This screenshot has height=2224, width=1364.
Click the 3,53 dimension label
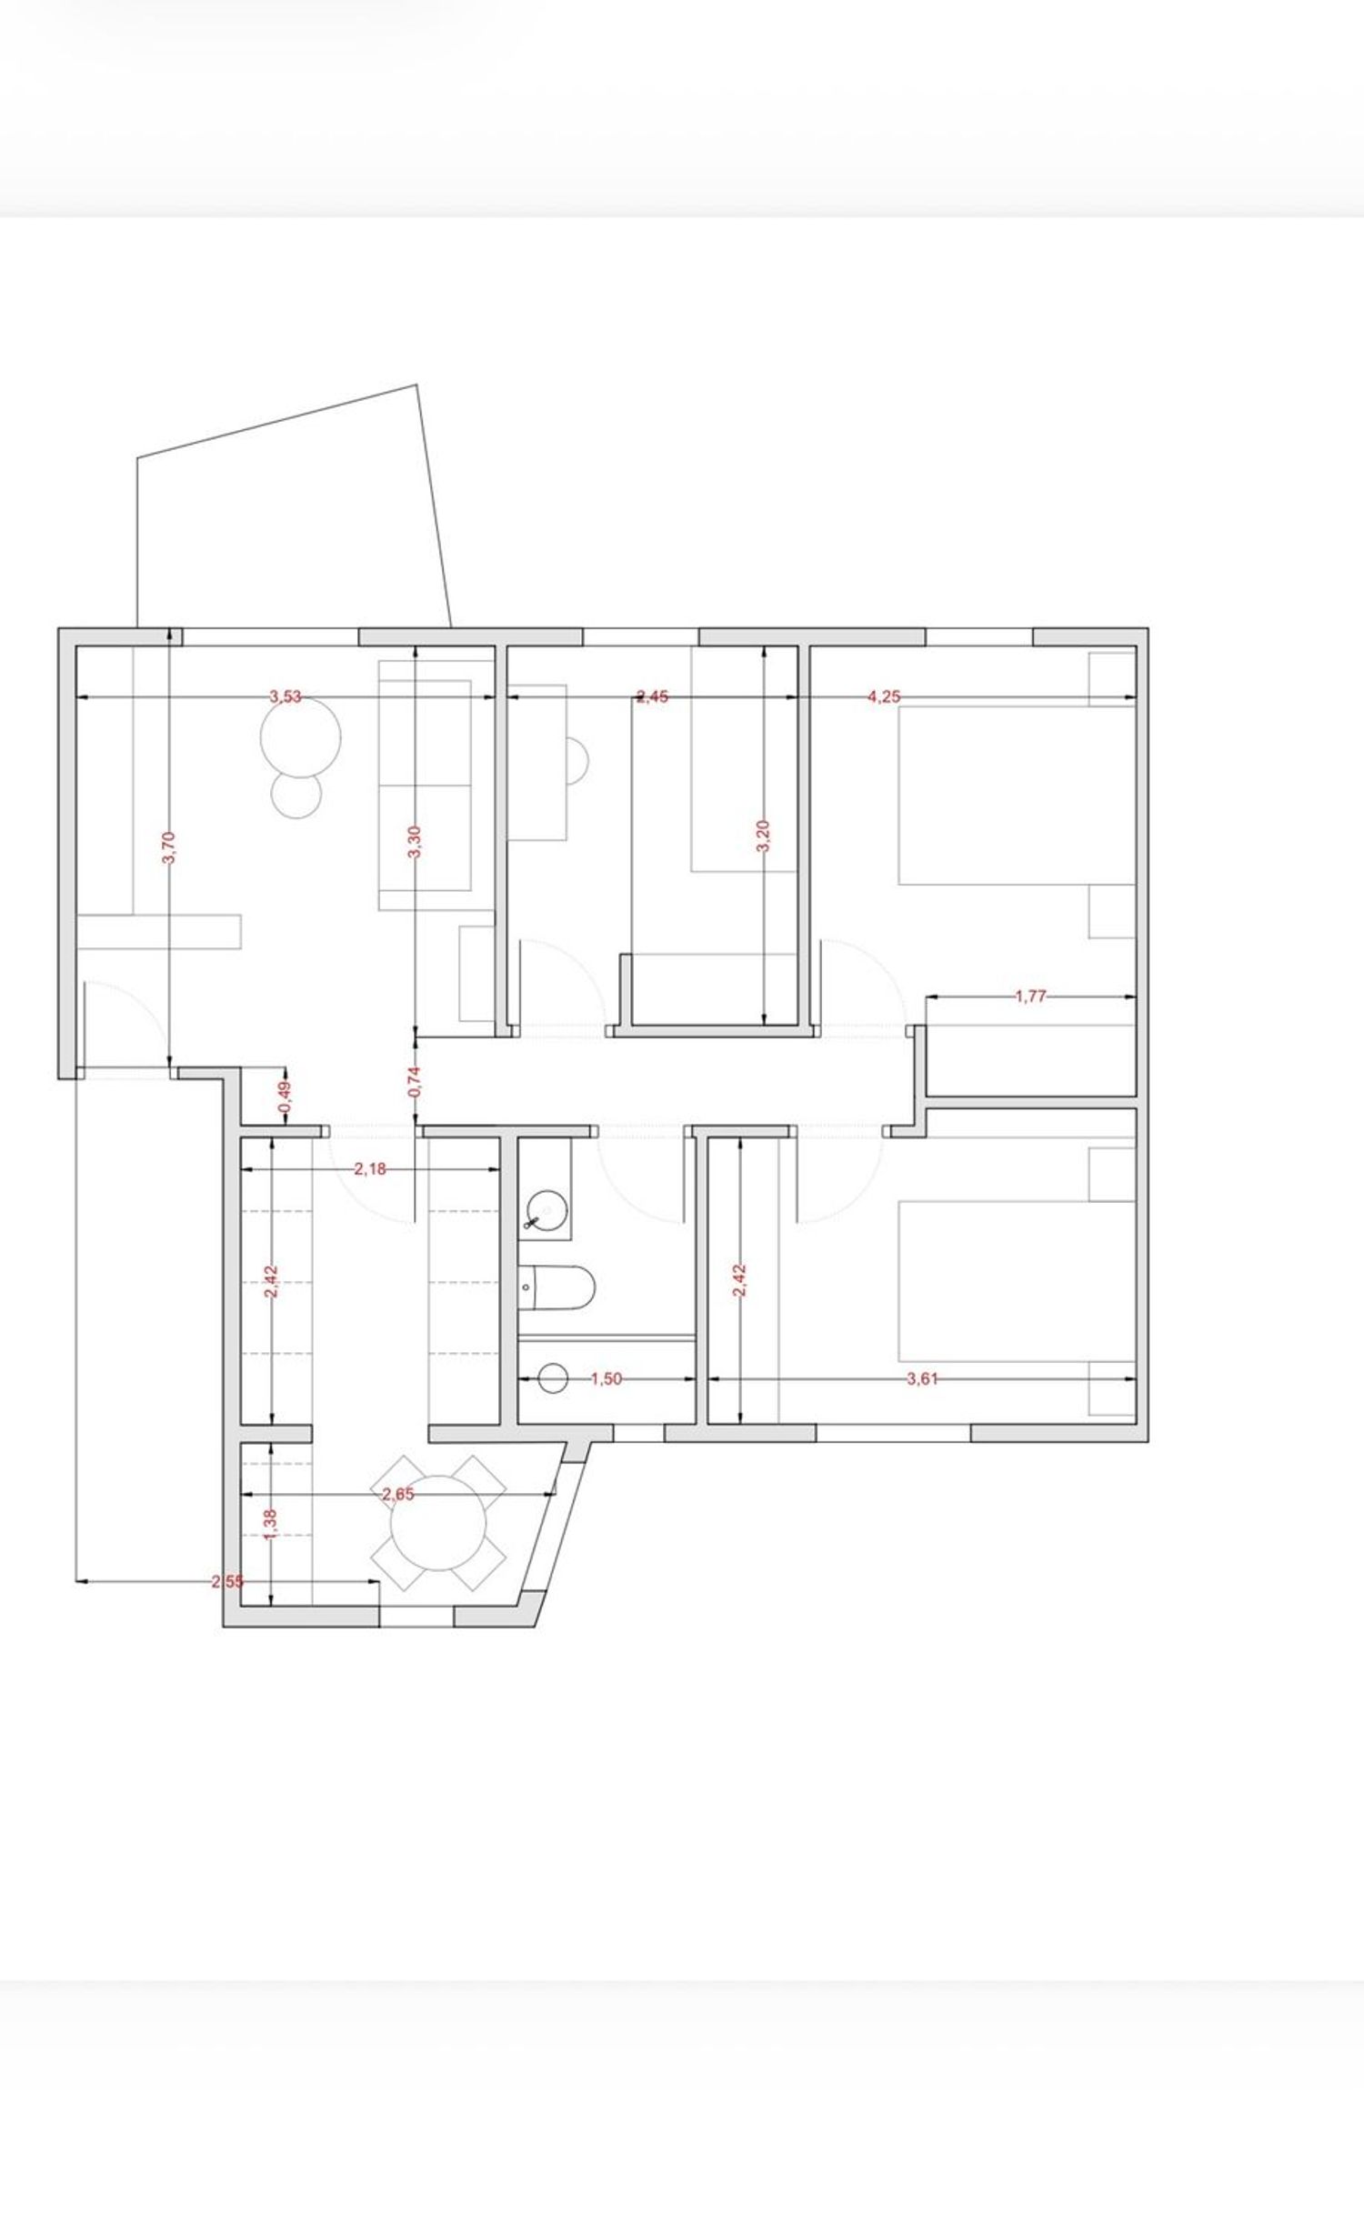(285, 697)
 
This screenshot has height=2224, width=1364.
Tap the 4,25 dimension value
(884, 697)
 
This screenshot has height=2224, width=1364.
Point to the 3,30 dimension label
(415, 842)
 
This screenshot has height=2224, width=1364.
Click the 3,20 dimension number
(764, 836)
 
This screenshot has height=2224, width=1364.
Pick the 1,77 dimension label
(1031, 997)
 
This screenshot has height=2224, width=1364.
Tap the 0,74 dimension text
(415, 1080)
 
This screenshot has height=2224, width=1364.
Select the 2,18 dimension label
(369, 1169)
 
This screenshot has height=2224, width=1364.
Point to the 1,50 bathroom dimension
(606, 1379)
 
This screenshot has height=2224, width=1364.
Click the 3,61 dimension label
(922, 1379)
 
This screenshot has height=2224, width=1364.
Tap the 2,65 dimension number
(398, 1493)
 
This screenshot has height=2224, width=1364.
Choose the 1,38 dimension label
(270, 1525)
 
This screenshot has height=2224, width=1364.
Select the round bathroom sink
(547, 1210)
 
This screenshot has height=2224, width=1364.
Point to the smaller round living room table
(296, 795)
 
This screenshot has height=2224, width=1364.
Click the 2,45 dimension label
(653, 697)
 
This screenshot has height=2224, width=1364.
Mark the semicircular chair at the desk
(578, 759)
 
